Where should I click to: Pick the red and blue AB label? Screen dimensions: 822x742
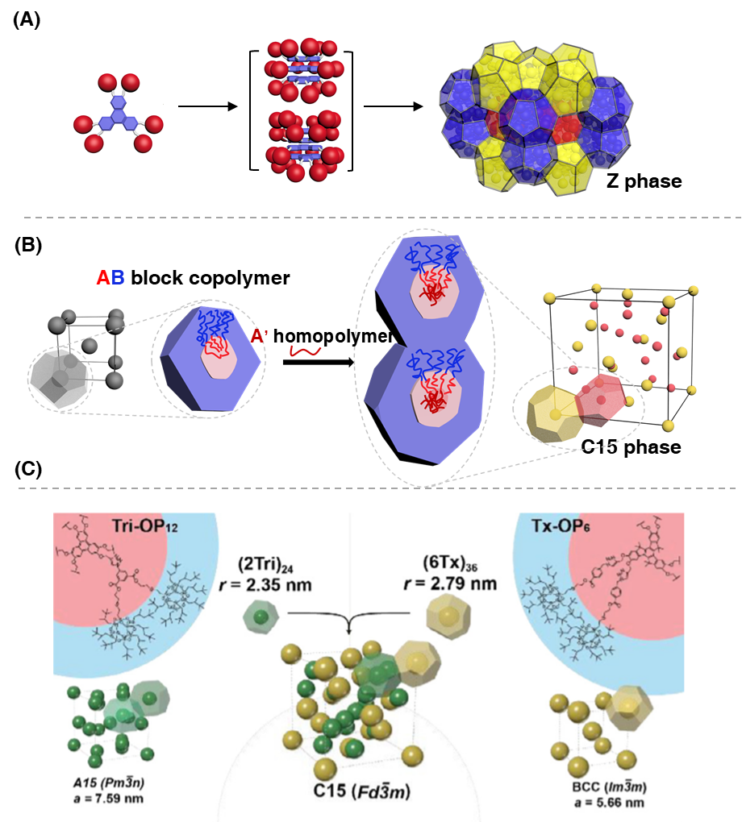(x=110, y=278)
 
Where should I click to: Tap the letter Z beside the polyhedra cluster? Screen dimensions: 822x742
(x=613, y=181)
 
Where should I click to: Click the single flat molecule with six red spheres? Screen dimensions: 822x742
(x=118, y=114)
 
